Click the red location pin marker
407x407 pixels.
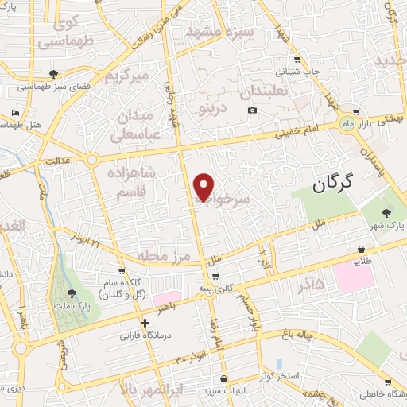click(x=204, y=187)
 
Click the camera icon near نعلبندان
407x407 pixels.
click(x=252, y=109)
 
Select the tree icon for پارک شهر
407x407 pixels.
click(x=387, y=212)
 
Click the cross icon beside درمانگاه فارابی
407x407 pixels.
click(x=144, y=323)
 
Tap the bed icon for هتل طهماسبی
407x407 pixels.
click(x=17, y=114)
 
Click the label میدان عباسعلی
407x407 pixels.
click(x=141, y=124)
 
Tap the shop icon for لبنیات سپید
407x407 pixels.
click(x=224, y=378)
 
